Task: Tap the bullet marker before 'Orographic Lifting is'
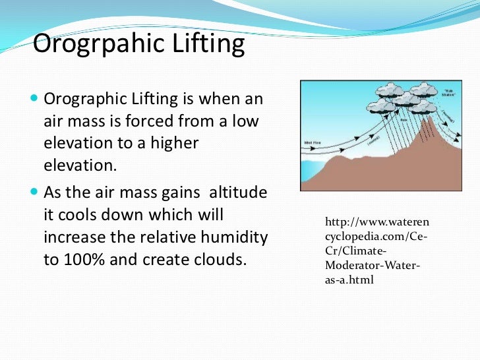(x=35, y=100)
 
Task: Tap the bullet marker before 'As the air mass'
(x=35, y=194)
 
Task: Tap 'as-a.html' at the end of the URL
(x=349, y=280)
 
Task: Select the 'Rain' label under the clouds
(x=385, y=121)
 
